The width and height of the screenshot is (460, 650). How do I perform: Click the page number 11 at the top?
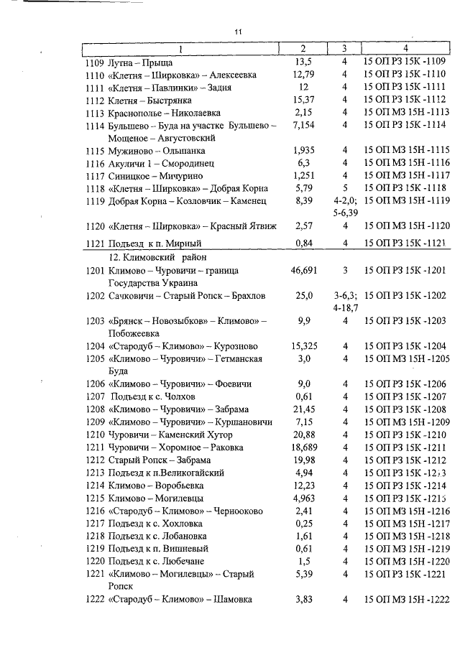coord(239,32)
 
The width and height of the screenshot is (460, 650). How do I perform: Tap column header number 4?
coord(405,48)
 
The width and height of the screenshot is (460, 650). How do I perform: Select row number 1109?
coord(94,62)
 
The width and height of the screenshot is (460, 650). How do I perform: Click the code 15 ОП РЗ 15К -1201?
coord(405,270)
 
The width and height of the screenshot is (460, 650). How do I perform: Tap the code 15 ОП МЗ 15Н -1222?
coord(406,600)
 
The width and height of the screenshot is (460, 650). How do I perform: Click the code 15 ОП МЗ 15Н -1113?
coord(406,112)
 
